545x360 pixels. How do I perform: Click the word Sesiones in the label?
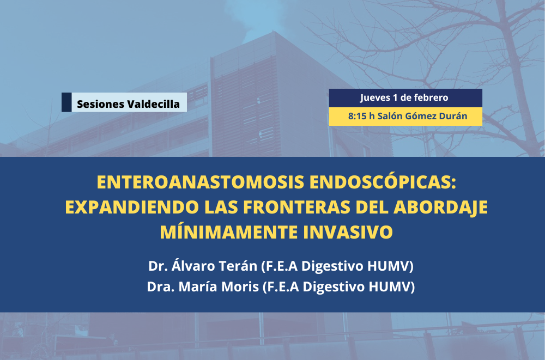pos(100,104)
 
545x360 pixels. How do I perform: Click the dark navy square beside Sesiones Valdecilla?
pos(66,102)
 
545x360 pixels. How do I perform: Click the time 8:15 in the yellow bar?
pos(357,116)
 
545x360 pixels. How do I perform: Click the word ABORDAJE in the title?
pos(440,208)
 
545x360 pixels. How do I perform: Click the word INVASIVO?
pos(348,232)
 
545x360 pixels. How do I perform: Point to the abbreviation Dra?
pos(161,287)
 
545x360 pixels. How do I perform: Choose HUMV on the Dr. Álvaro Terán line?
pos(391,266)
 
